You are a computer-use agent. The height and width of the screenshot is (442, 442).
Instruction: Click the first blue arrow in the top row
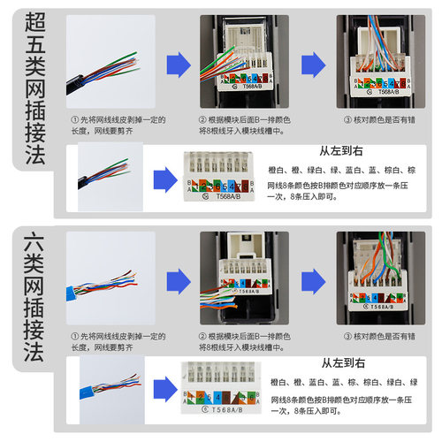[179, 63]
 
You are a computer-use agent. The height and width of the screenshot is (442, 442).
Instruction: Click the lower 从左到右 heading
[339, 363]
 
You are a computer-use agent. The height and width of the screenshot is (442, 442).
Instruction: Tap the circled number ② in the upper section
[204, 119]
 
